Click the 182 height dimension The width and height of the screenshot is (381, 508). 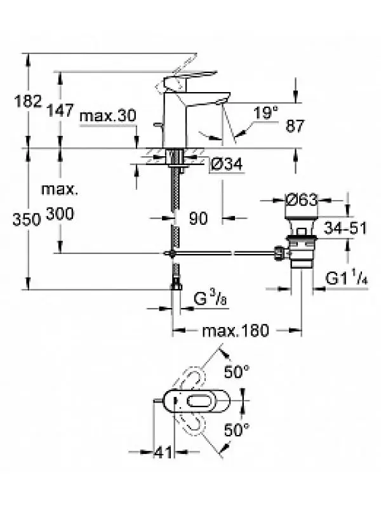(28, 101)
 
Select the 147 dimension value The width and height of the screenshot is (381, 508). (61, 110)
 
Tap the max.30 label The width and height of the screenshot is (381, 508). (108, 116)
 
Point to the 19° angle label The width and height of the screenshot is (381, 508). (265, 113)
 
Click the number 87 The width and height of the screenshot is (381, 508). (295, 126)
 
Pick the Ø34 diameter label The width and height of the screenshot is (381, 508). (227, 164)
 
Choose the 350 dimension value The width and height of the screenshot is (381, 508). (27, 220)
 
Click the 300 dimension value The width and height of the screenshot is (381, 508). (60, 214)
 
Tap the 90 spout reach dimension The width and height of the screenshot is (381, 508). (198, 218)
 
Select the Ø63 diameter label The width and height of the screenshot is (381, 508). (301, 199)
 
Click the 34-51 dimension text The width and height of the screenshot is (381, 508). (345, 228)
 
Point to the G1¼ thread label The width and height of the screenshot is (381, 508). (347, 279)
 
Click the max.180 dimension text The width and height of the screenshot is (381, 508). (236, 331)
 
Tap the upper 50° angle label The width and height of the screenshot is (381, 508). (237, 372)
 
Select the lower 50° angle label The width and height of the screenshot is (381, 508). (237, 431)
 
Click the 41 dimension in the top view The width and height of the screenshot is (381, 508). (163, 452)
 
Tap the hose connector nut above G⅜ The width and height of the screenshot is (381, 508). (177, 285)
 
